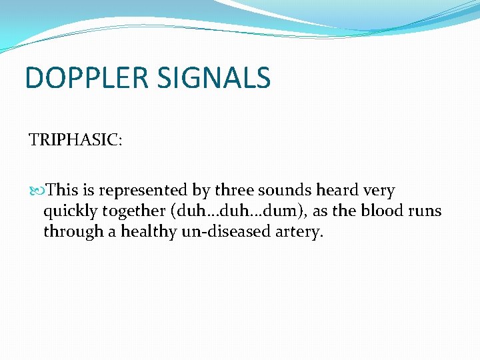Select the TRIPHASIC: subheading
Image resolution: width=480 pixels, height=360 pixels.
[75, 140]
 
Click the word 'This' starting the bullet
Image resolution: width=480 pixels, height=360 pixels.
[63, 190]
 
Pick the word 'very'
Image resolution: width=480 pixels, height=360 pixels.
[379, 190]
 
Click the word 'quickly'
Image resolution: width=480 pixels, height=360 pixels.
[71, 211]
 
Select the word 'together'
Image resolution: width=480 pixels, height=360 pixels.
[136, 211]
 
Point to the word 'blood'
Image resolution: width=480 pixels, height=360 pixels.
[382, 211]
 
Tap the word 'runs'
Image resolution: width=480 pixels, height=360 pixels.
[425, 211]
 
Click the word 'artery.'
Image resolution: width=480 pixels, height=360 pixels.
[299, 231]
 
